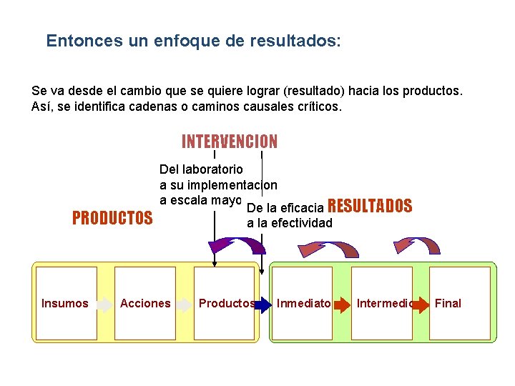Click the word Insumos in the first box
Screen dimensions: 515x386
[64, 303]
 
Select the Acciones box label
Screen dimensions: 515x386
[145, 303]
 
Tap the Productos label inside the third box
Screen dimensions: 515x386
[226, 303]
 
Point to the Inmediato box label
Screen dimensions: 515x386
[303, 303]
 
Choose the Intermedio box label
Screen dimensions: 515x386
[384, 303]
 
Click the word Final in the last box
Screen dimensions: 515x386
[448, 303]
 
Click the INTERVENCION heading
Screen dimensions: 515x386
[230, 142]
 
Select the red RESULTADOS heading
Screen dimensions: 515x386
[369, 207]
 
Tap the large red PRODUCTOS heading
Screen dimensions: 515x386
[112, 218]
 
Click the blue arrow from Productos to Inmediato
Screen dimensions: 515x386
[264, 304]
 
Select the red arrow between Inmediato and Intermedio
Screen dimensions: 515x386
[345, 304]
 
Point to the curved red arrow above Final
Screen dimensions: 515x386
[419, 246]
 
